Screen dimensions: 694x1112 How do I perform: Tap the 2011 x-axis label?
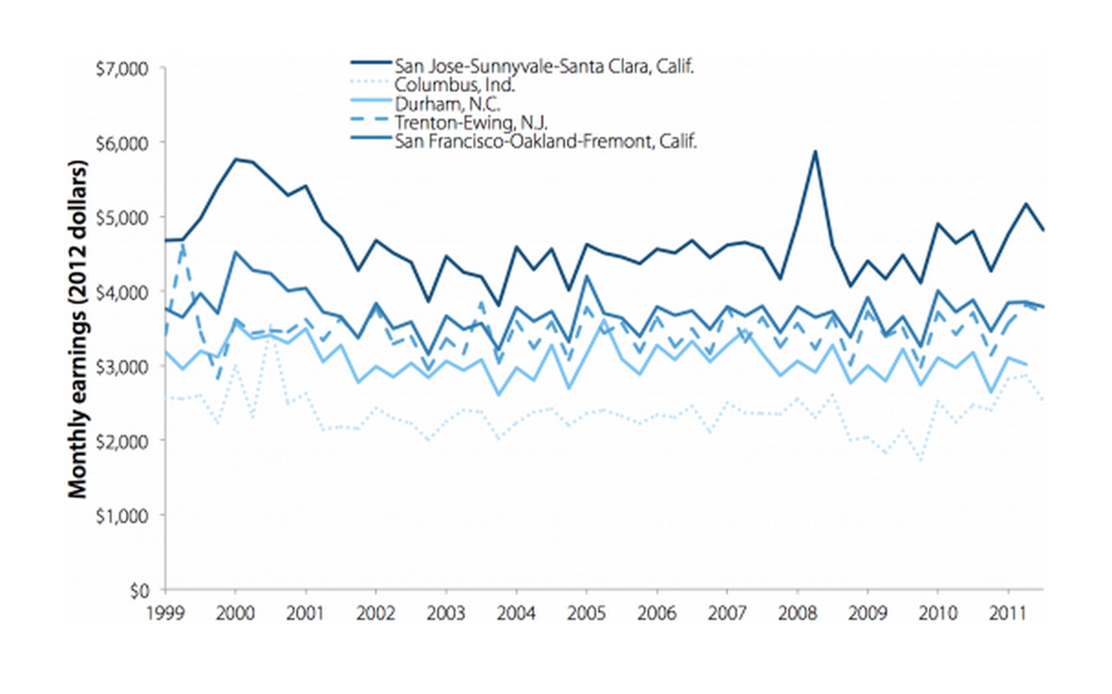click(x=1007, y=610)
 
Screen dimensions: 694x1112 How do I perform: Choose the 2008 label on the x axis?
click(x=797, y=610)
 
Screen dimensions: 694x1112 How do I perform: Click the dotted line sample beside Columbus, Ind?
click(x=369, y=84)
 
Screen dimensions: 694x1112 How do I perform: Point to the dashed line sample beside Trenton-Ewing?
click(x=369, y=123)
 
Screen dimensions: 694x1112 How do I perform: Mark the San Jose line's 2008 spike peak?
click(x=814, y=152)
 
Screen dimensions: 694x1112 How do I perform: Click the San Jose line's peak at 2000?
click(x=236, y=159)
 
